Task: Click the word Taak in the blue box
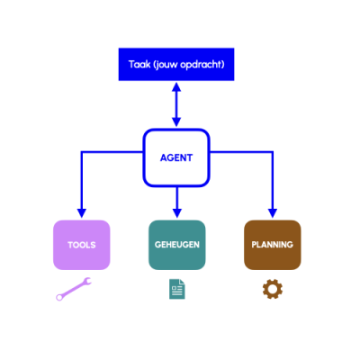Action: click(x=139, y=65)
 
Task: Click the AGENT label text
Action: click(x=176, y=157)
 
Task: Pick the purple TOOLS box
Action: click(x=82, y=245)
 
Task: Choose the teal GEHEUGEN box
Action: click(x=177, y=245)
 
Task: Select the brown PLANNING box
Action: click(x=273, y=245)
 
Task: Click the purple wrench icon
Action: click(x=74, y=289)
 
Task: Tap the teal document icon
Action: click(x=177, y=289)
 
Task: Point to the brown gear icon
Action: click(x=273, y=289)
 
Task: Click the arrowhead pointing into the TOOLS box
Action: click(x=82, y=213)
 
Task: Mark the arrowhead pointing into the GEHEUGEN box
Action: click(x=177, y=213)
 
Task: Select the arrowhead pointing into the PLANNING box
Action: click(x=273, y=213)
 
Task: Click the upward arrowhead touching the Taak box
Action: click(x=176, y=87)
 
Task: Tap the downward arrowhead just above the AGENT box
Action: click(x=176, y=122)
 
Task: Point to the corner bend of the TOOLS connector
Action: click(x=82, y=152)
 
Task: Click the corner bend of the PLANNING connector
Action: click(x=273, y=152)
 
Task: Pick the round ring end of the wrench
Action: click(x=59, y=297)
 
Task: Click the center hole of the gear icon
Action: click(x=273, y=289)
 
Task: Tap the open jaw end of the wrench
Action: click(x=87, y=282)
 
